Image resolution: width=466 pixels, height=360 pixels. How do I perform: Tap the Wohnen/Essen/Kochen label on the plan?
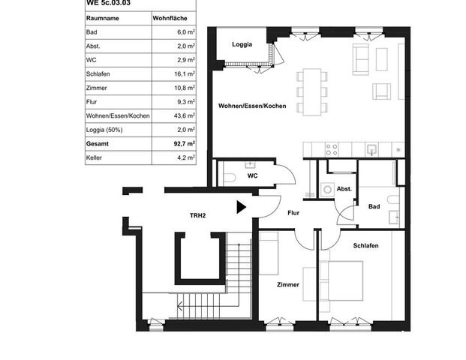point(252,106)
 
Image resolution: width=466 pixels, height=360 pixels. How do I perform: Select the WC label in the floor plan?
point(253,176)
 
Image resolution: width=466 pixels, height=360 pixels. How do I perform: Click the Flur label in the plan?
point(294,212)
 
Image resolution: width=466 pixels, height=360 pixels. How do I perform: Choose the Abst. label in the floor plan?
point(344,189)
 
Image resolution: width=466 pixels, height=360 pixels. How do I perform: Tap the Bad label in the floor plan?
point(374,206)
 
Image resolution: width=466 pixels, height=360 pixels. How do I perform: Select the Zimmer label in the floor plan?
point(287,285)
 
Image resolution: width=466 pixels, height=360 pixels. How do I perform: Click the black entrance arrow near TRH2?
point(240,207)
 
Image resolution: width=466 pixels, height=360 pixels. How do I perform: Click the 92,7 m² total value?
point(181,142)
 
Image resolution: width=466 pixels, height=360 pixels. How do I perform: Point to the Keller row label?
point(95,157)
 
